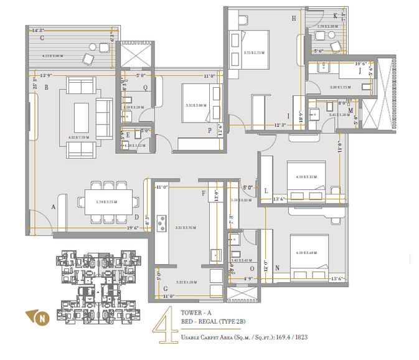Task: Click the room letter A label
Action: (54, 206)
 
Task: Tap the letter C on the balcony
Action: (41, 38)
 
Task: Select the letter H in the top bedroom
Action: (293, 19)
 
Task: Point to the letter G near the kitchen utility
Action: (165, 288)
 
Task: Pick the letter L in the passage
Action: (266, 190)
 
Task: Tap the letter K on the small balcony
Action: (335, 16)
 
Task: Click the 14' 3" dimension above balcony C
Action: (39, 29)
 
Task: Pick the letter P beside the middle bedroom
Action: (210, 130)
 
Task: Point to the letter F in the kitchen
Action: (204, 194)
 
